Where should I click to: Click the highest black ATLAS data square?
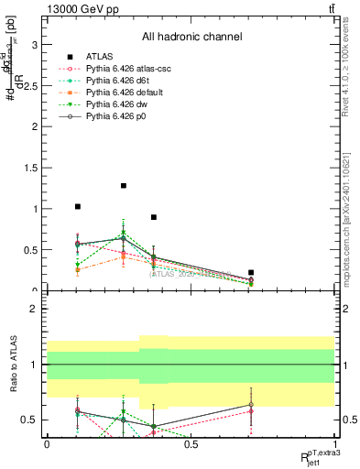(124, 186)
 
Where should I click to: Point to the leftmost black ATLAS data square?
(78, 207)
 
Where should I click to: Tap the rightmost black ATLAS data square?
(251, 272)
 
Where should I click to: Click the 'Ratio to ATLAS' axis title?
(12, 365)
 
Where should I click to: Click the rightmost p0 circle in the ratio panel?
(251, 405)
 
